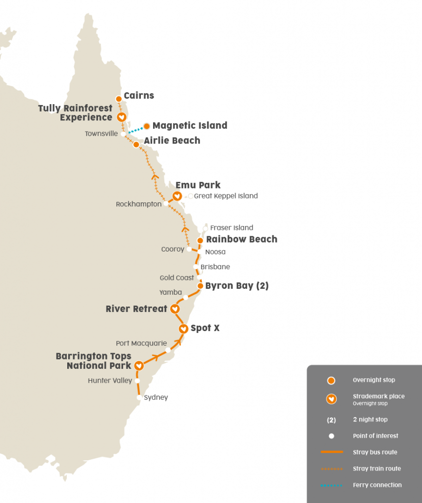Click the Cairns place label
click(x=139, y=96)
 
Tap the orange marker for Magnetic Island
click(x=146, y=126)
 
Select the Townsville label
click(x=101, y=134)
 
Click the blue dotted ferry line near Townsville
click(x=135, y=130)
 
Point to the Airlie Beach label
click(x=172, y=140)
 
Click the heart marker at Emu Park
click(x=177, y=196)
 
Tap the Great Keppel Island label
click(x=226, y=196)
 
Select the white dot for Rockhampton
click(x=166, y=203)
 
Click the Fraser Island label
click(x=232, y=228)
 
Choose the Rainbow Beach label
click(x=241, y=239)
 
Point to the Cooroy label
click(x=173, y=250)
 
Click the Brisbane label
click(x=215, y=267)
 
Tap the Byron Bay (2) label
click(x=237, y=286)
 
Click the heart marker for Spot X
click(x=183, y=329)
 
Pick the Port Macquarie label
click(x=141, y=343)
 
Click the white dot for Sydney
click(x=139, y=398)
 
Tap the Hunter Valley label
click(x=110, y=381)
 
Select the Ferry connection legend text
click(x=377, y=485)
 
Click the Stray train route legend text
click(x=376, y=469)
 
